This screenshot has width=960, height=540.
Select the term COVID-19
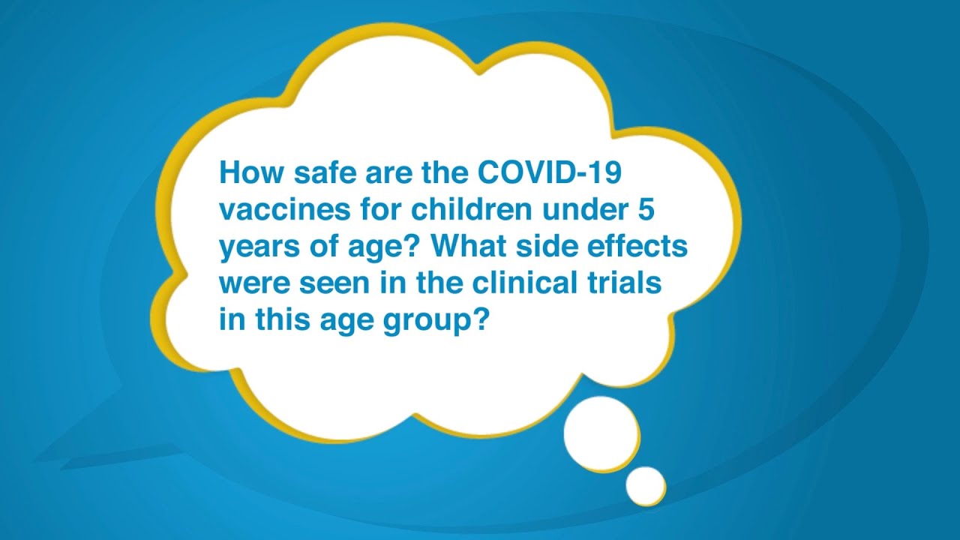550,173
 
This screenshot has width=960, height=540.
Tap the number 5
646,210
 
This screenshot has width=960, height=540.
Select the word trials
627,284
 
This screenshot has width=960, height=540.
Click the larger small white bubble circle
601,434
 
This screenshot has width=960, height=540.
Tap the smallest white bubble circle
645,484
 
